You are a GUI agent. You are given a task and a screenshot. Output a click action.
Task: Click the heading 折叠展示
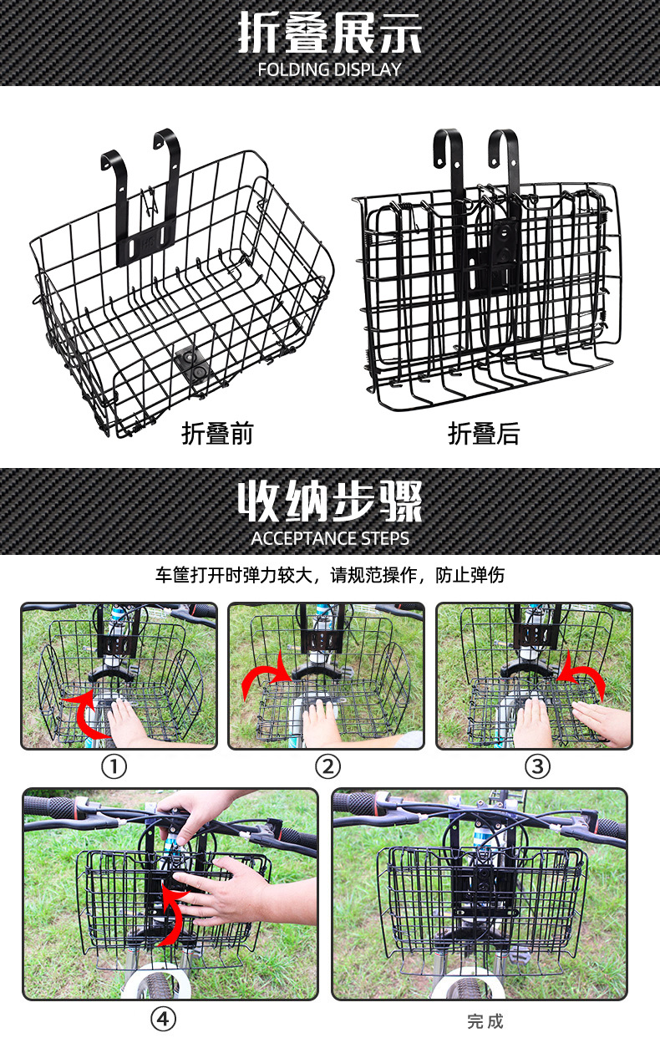point(330,33)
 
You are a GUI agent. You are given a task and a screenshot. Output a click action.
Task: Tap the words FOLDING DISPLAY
point(330,69)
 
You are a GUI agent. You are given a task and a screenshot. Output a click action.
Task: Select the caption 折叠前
point(217,434)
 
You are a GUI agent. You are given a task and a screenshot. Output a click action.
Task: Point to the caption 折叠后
point(484,434)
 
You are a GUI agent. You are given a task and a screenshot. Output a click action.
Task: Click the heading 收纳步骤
point(330,501)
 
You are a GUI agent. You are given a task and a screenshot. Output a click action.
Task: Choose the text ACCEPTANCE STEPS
point(330,538)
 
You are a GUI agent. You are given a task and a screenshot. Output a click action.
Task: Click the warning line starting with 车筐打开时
point(330,576)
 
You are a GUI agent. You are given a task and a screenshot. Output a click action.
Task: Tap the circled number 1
point(114,766)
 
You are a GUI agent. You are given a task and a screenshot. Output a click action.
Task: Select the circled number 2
point(327,766)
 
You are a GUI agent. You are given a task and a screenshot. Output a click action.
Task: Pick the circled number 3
point(537,766)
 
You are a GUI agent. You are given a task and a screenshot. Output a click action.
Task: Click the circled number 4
point(164,1019)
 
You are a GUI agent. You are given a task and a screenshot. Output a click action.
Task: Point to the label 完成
point(485,1021)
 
